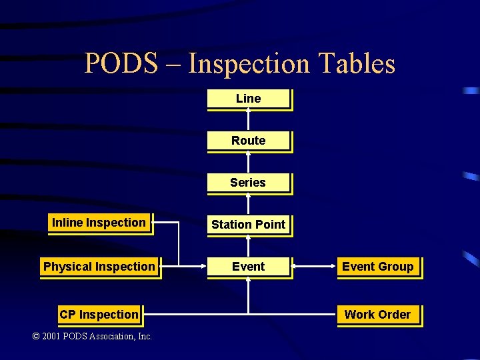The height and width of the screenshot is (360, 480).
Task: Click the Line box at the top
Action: coord(249,99)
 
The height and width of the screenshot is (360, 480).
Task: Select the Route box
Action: coord(249,141)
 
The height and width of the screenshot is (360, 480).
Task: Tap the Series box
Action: coord(248,183)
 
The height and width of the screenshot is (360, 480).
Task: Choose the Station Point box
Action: coord(248,225)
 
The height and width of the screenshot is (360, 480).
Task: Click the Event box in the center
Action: coord(248,267)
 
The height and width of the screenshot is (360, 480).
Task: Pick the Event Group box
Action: coord(378,267)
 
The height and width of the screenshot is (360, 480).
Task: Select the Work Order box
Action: coord(377,315)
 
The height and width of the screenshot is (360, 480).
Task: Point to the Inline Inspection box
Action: coord(99,223)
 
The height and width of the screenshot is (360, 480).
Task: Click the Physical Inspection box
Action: coord(99,267)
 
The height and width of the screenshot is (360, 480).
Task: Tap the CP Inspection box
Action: coord(99,315)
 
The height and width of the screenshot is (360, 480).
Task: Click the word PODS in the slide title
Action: coord(121,64)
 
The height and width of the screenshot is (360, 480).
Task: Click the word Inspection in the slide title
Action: coord(249,64)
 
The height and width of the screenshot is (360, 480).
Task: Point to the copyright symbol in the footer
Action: coord(36,337)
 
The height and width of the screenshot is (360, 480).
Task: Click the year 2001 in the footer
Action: coord(52,337)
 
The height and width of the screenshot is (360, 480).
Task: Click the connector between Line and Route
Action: coord(248,120)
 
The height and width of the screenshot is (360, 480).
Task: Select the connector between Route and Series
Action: coord(248,162)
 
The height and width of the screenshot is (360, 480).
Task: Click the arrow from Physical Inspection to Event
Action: coord(193,267)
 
